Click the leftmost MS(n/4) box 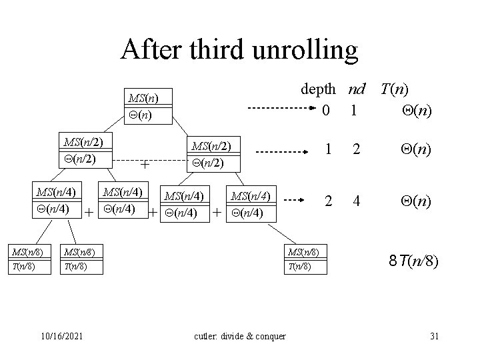tap(56, 200)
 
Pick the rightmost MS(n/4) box tap(251, 204)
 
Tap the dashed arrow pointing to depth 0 tap(277, 109)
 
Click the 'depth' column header tap(322, 89)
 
